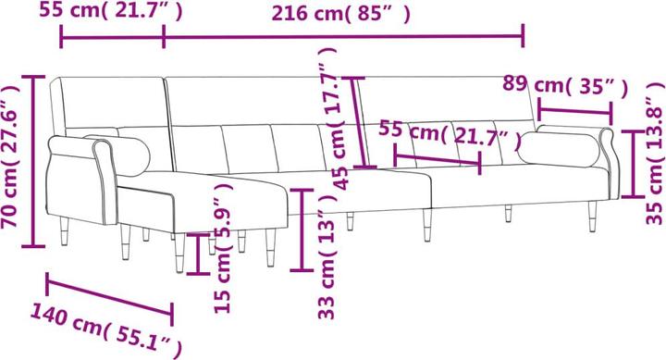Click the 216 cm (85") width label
(341, 14)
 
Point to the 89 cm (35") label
(565, 87)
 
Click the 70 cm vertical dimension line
(35, 163)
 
